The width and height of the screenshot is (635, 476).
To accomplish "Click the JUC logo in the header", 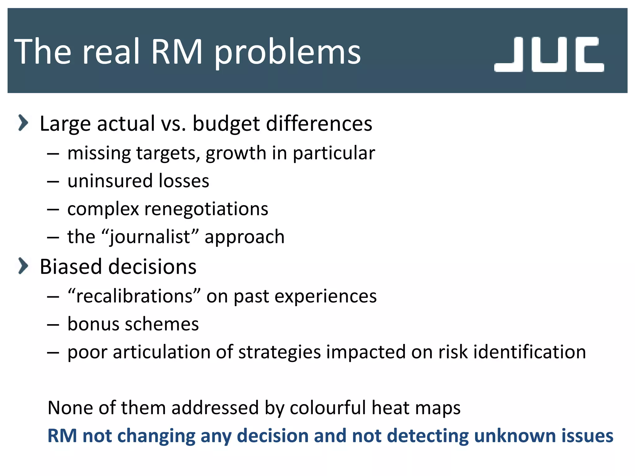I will pyautogui.click(x=549, y=54).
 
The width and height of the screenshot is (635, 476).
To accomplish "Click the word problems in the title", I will pyautogui.click(x=288, y=52).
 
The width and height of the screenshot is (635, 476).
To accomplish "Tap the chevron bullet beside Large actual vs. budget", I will pyautogui.click(x=23, y=123).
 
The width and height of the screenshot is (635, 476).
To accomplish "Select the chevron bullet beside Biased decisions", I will pyautogui.click(x=23, y=266).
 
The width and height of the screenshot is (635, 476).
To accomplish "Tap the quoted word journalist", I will pyautogui.click(x=150, y=237).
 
